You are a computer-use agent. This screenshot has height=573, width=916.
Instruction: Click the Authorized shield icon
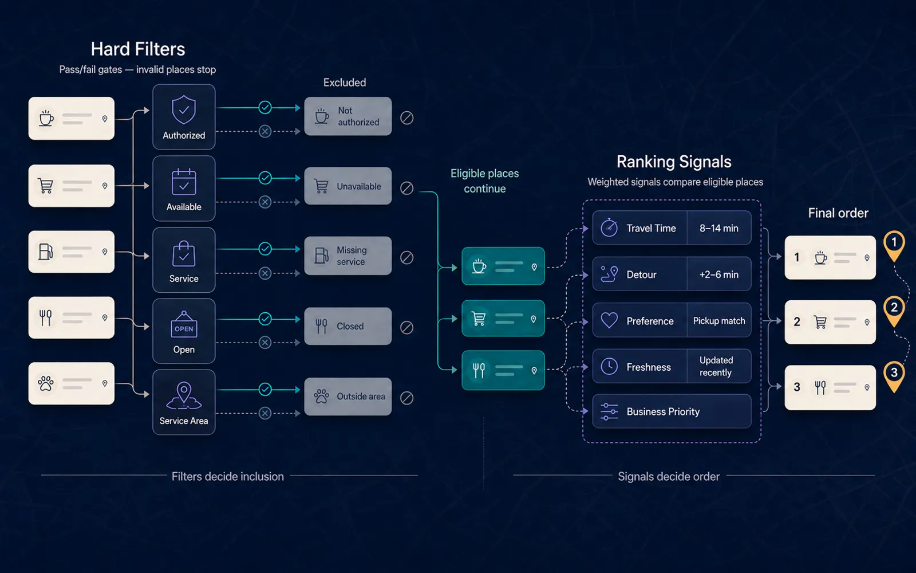(184, 109)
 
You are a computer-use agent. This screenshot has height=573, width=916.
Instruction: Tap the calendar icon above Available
(184, 182)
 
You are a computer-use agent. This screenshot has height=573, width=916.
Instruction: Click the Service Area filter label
(184, 421)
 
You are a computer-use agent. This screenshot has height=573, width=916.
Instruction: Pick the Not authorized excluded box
(348, 116)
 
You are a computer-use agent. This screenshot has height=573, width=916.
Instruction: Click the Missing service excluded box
(348, 256)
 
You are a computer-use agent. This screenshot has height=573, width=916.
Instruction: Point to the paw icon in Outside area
(321, 396)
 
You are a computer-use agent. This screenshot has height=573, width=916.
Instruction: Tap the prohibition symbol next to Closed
(406, 327)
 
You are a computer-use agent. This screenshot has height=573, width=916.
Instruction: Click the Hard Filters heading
(138, 49)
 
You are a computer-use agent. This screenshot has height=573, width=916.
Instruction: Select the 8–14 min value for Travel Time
(719, 228)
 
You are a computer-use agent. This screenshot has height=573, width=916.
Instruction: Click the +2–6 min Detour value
(719, 274)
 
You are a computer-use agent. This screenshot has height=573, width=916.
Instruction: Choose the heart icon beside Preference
(609, 320)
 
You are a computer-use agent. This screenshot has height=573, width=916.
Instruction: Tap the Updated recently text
(716, 366)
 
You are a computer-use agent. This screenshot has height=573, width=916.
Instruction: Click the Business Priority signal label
(663, 411)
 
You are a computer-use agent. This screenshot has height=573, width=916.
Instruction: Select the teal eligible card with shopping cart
(503, 318)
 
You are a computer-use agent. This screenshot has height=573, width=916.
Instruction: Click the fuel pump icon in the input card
(46, 252)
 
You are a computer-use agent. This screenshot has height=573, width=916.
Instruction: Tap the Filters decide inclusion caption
(227, 476)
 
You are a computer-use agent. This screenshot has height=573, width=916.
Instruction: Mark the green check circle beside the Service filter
(265, 249)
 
